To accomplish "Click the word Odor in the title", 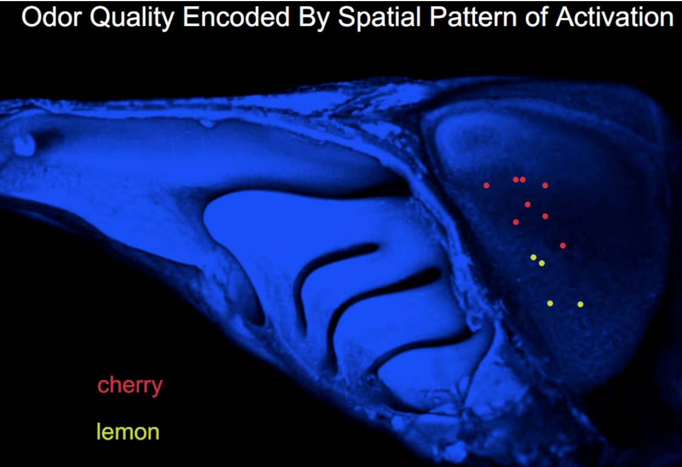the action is pos(52,17).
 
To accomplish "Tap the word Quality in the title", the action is pos(132,19).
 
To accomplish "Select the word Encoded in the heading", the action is pos(236,17).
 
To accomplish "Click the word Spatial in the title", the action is pos(380,19).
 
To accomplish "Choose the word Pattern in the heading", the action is pos(474,17).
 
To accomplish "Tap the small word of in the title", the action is pos(537,17).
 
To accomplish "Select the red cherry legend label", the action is pos(130,385).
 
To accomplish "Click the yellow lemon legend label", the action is pos(128,431).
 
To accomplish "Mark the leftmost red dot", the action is pos(486,186).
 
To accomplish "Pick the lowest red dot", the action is pos(562,246).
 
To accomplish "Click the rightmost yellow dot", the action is pos(580,304).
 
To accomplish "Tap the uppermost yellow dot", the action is pos(533,257).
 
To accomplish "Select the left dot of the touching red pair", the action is pos(516,180).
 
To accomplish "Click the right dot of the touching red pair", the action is pos(523,180).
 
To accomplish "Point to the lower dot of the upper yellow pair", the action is pos(542,263).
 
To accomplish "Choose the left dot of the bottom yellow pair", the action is pos(550,303).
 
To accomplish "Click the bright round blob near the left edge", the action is pos(25,145).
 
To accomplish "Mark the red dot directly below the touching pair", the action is pos(528,204).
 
